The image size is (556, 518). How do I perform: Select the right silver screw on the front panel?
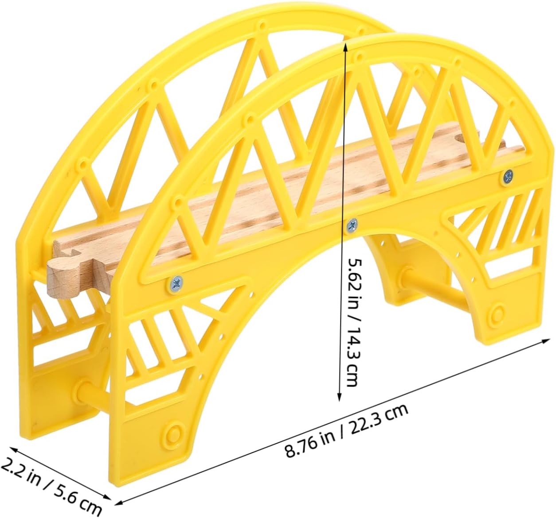coord(508,177)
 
